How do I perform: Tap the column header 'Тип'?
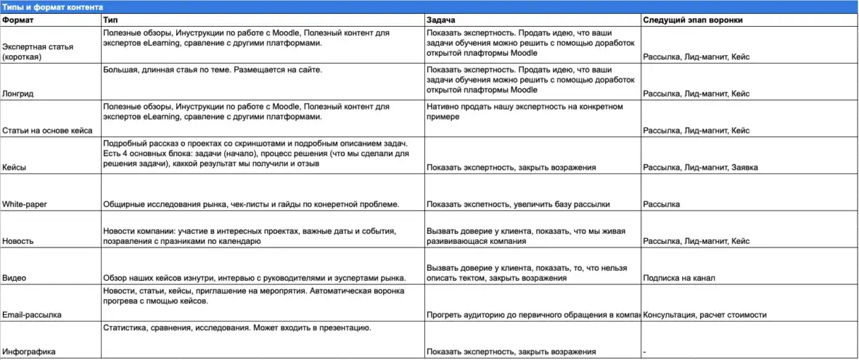[110, 20]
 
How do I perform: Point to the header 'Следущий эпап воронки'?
[692, 20]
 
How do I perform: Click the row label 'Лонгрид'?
[19, 94]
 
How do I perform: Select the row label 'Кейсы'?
[15, 168]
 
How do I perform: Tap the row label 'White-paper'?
[25, 205]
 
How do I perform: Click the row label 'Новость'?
[18, 241]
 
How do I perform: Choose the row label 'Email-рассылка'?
[32, 315]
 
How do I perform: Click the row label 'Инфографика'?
[30, 352]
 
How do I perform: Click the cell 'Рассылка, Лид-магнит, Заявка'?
[700, 168]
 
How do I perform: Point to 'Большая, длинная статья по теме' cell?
[212, 70]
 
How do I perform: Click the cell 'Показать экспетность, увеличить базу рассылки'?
[518, 205]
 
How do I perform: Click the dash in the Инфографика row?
[645, 352]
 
